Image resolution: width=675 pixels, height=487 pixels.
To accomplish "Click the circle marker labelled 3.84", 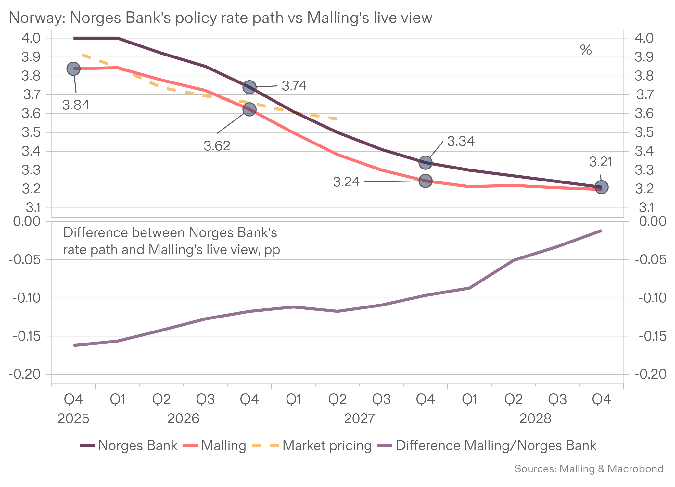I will (73, 69).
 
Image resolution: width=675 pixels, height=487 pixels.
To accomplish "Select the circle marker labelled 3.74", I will (249, 87).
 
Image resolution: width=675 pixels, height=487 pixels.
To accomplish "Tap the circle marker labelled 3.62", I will (249, 109).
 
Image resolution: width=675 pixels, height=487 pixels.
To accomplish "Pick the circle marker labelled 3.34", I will (426, 162).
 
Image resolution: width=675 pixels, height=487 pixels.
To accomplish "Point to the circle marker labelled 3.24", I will (426, 181).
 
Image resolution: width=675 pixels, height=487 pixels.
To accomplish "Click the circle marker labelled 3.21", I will (602, 187).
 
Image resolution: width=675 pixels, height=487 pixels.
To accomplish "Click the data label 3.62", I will (217, 146).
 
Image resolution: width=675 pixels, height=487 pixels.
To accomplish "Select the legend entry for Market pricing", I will (327, 445).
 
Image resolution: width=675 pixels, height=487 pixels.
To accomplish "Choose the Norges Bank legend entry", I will (138, 445).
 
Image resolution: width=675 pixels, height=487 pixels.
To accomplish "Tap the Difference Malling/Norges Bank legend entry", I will (496, 445).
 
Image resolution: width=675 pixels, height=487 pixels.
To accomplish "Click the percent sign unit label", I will (586, 50).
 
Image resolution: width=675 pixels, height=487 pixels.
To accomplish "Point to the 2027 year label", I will (359, 419).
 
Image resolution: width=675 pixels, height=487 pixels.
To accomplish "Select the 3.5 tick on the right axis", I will (644, 132).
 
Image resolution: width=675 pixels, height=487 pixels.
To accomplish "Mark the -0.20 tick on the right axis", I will (650, 374).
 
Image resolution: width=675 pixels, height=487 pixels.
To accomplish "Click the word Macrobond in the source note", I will (635, 469).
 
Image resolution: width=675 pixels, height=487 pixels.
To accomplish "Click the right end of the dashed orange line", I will (338, 119).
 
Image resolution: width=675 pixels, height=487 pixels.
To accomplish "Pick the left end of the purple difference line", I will (74, 345).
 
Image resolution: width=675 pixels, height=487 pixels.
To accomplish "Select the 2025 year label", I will (73, 419).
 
